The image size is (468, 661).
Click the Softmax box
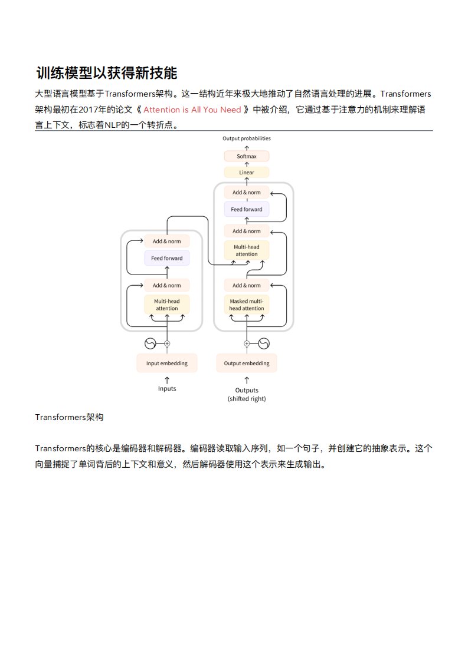click(x=247, y=156)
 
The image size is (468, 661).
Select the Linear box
click(x=247, y=173)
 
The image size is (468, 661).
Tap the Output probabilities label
click(x=247, y=138)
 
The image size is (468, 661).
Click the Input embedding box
click(x=167, y=363)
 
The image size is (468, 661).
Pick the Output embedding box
click(x=247, y=363)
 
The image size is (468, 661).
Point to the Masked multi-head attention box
click(x=247, y=305)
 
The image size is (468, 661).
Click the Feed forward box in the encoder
click(x=167, y=258)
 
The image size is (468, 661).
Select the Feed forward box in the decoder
click(x=247, y=209)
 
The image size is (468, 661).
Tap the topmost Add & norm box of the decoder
click(x=247, y=192)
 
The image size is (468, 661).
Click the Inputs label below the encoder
click(x=167, y=389)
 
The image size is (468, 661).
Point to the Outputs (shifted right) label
click(x=247, y=394)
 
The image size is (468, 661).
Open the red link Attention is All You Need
click(x=192, y=110)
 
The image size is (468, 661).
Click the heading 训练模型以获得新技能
click(x=106, y=74)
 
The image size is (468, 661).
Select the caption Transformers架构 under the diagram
click(x=69, y=417)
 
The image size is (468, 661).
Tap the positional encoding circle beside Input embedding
click(x=150, y=343)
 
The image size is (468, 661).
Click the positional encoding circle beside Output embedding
click(x=263, y=343)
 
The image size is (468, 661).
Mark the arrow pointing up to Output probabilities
click(x=247, y=146)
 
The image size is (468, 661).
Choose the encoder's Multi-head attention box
click(x=167, y=305)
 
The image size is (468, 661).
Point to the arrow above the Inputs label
click(x=167, y=379)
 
